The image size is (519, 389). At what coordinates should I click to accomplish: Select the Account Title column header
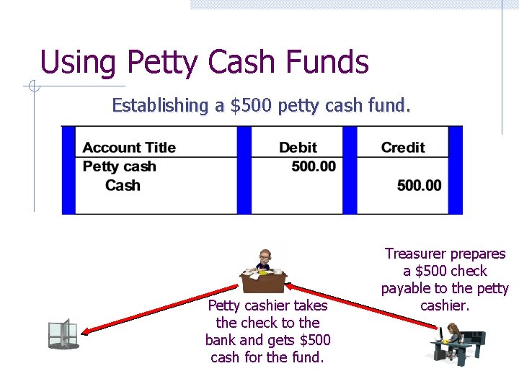[129, 148]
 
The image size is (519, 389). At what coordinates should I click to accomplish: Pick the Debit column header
[298, 148]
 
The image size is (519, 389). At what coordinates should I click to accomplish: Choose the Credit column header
[403, 148]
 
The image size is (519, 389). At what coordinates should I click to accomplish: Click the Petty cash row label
[119, 166]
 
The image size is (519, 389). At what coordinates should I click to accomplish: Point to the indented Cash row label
[123, 185]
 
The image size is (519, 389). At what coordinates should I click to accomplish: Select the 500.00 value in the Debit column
[314, 166]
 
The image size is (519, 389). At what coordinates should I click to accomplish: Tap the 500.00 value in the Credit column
[419, 185]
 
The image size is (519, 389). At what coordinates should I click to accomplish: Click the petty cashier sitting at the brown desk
[264, 270]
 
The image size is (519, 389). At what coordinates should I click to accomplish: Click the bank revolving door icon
[62, 334]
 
